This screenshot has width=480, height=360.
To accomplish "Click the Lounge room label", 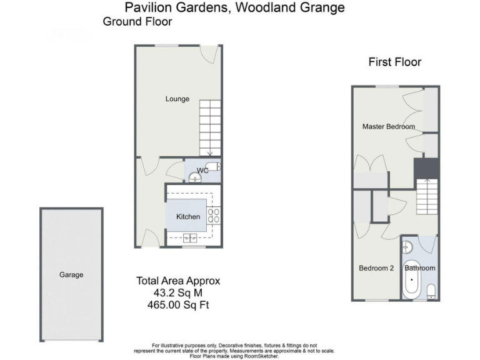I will [x=177, y=99].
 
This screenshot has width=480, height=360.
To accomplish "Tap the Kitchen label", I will [x=188, y=217].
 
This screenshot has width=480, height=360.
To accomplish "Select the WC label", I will [x=202, y=170].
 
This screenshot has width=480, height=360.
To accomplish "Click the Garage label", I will [x=71, y=274].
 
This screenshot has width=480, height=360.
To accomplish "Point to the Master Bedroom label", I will [x=389, y=126].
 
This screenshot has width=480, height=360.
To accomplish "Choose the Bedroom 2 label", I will [x=376, y=268].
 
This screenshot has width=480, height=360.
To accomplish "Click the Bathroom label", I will [x=419, y=268].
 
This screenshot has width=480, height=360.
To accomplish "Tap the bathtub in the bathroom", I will [x=412, y=281].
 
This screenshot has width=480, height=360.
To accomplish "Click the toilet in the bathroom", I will [x=431, y=291].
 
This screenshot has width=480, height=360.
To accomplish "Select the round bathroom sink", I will [x=406, y=245].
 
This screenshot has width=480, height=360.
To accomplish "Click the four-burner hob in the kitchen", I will [x=213, y=216].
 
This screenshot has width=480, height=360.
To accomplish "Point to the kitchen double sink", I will [x=189, y=237].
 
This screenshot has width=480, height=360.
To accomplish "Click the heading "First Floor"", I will [x=394, y=62].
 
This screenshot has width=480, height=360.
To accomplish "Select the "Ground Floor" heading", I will [x=137, y=21].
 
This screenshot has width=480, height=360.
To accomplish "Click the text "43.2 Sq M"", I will [x=178, y=292].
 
